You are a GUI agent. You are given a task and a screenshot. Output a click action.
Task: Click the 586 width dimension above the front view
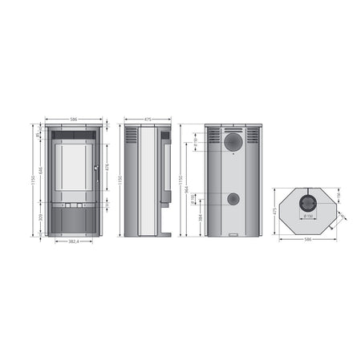(73, 119)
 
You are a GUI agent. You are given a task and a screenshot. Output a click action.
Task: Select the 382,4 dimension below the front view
(73, 241)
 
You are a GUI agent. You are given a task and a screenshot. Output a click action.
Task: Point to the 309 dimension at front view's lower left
(39, 217)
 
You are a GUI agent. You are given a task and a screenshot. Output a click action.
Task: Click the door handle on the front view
(95, 168)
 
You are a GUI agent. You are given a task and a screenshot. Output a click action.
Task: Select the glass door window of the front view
(73, 168)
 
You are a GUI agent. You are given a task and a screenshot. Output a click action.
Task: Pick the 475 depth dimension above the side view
(148, 119)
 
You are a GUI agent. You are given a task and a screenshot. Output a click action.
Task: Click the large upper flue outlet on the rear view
(233, 142)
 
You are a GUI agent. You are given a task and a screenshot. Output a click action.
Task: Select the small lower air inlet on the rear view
(232, 199)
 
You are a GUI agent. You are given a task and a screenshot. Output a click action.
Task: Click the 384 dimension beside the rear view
(200, 216)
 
